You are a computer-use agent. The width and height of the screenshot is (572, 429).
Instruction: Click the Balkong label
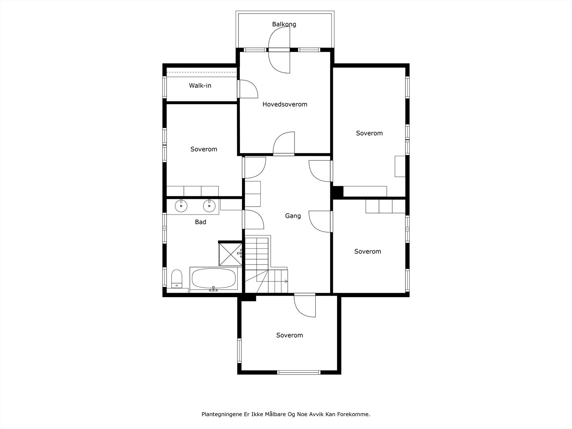[284, 24]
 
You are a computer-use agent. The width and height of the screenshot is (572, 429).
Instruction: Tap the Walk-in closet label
[200, 85]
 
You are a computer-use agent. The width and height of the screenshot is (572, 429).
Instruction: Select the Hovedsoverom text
[285, 104]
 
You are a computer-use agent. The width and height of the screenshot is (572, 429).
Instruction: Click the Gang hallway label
[292, 216]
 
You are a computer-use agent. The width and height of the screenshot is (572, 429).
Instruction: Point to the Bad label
[200, 222]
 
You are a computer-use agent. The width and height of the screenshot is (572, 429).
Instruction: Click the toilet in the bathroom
[176, 278]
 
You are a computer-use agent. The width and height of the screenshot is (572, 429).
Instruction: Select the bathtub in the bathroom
[213, 279]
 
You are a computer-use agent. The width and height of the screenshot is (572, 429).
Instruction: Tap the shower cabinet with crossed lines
[230, 254]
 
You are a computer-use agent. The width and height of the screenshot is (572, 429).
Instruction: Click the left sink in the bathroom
[181, 206]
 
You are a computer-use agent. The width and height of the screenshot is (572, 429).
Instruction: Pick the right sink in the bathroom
[209, 206]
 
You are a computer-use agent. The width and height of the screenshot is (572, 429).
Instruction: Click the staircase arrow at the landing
[285, 281]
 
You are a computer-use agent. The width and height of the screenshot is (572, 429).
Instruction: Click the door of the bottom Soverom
[305, 305]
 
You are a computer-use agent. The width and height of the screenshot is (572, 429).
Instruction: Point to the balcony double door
[279, 50]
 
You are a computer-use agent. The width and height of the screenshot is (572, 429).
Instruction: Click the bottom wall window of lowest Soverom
[299, 372]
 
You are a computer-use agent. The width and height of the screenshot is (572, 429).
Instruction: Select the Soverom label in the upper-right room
[369, 133]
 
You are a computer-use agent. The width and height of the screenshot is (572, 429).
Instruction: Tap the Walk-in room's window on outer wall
[165, 87]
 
